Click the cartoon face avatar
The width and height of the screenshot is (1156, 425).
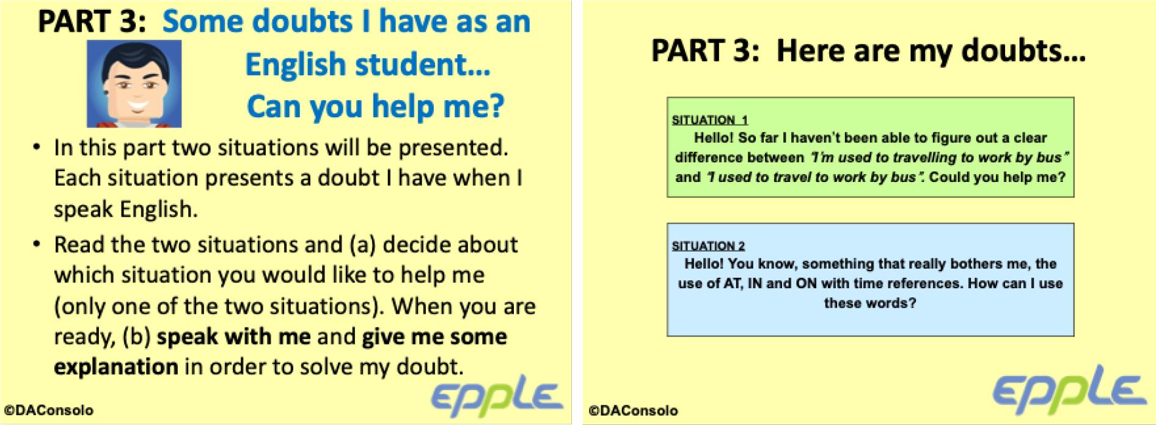(x=134, y=84)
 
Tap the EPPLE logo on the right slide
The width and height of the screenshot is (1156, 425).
(x=1069, y=388)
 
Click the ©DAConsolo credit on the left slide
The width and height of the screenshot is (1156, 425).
(x=49, y=410)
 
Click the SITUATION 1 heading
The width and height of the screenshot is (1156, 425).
(x=709, y=120)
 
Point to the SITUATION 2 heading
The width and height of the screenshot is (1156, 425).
(x=708, y=245)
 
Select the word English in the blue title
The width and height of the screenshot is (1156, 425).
(x=296, y=65)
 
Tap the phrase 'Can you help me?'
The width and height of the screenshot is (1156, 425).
(x=375, y=107)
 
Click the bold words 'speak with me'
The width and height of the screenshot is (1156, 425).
(x=233, y=336)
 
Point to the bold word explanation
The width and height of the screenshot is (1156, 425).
(x=116, y=367)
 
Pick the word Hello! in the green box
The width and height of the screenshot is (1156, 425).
(x=713, y=138)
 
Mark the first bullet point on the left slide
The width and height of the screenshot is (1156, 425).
(x=38, y=148)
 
